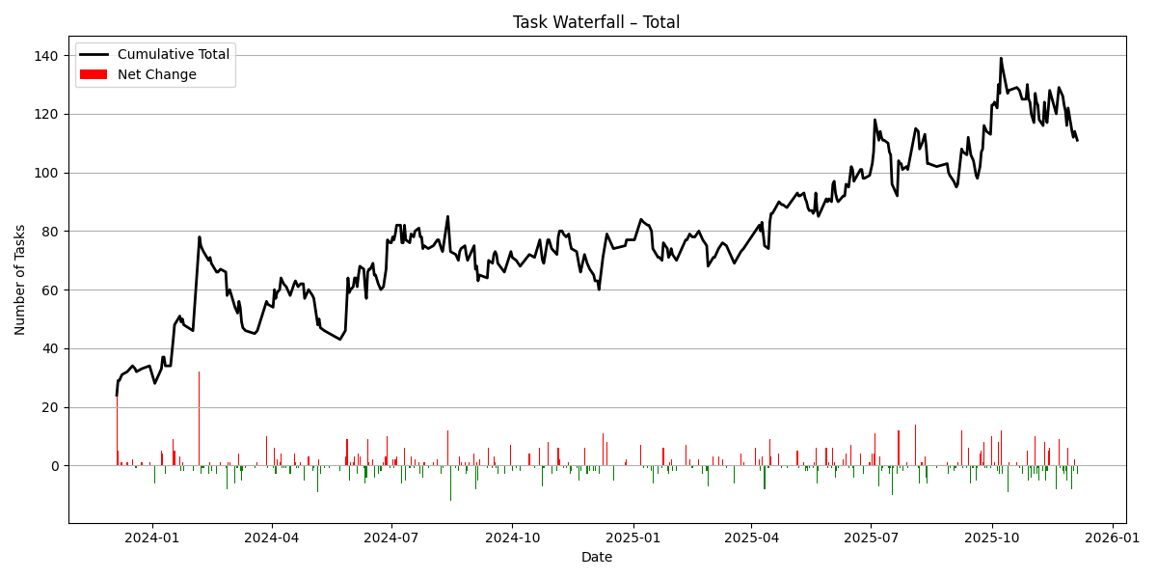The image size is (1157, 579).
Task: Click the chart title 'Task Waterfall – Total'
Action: [596, 22]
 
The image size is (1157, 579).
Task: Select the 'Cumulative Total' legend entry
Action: [173, 55]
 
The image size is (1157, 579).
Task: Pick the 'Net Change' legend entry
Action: [156, 74]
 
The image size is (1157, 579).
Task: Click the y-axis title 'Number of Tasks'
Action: [21, 280]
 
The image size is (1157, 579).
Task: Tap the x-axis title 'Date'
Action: [596, 558]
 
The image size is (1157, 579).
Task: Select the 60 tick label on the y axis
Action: [52, 289]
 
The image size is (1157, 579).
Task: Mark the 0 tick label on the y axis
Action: [55, 466]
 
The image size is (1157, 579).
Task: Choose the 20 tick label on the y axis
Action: [52, 407]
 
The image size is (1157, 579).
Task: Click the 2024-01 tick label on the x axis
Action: [152, 538]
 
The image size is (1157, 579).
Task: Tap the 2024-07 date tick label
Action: [391, 538]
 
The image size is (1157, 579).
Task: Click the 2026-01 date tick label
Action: [1114, 538]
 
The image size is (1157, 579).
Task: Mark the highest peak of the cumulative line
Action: [1001, 58]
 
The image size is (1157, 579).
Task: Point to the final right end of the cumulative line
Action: [1077, 141]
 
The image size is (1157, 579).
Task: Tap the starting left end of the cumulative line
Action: [117, 395]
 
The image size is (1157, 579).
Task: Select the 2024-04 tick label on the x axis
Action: [272, 538]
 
